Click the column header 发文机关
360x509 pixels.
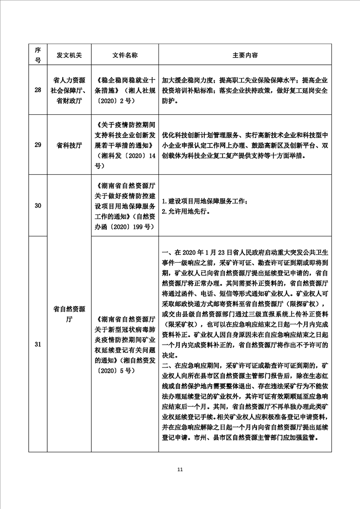pos(69,55)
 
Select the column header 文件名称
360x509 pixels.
pos(125,55)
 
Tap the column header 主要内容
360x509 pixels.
pos(245,55)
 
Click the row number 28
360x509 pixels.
pos(38,89)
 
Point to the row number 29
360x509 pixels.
pos(38,145)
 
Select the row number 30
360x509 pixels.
pos(38,206)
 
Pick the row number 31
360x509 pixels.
pos(38,345)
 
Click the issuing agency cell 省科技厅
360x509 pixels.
pos(69,145)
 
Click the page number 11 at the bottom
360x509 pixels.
pos(180,469)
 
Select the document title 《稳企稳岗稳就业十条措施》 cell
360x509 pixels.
pos(125,89)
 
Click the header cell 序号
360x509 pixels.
pos(38,55)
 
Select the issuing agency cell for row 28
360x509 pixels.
pos(69,89)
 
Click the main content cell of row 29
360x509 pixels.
pos(245,145)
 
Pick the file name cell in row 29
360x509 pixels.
pos(125,145)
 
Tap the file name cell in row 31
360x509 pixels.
pos(125,345)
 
